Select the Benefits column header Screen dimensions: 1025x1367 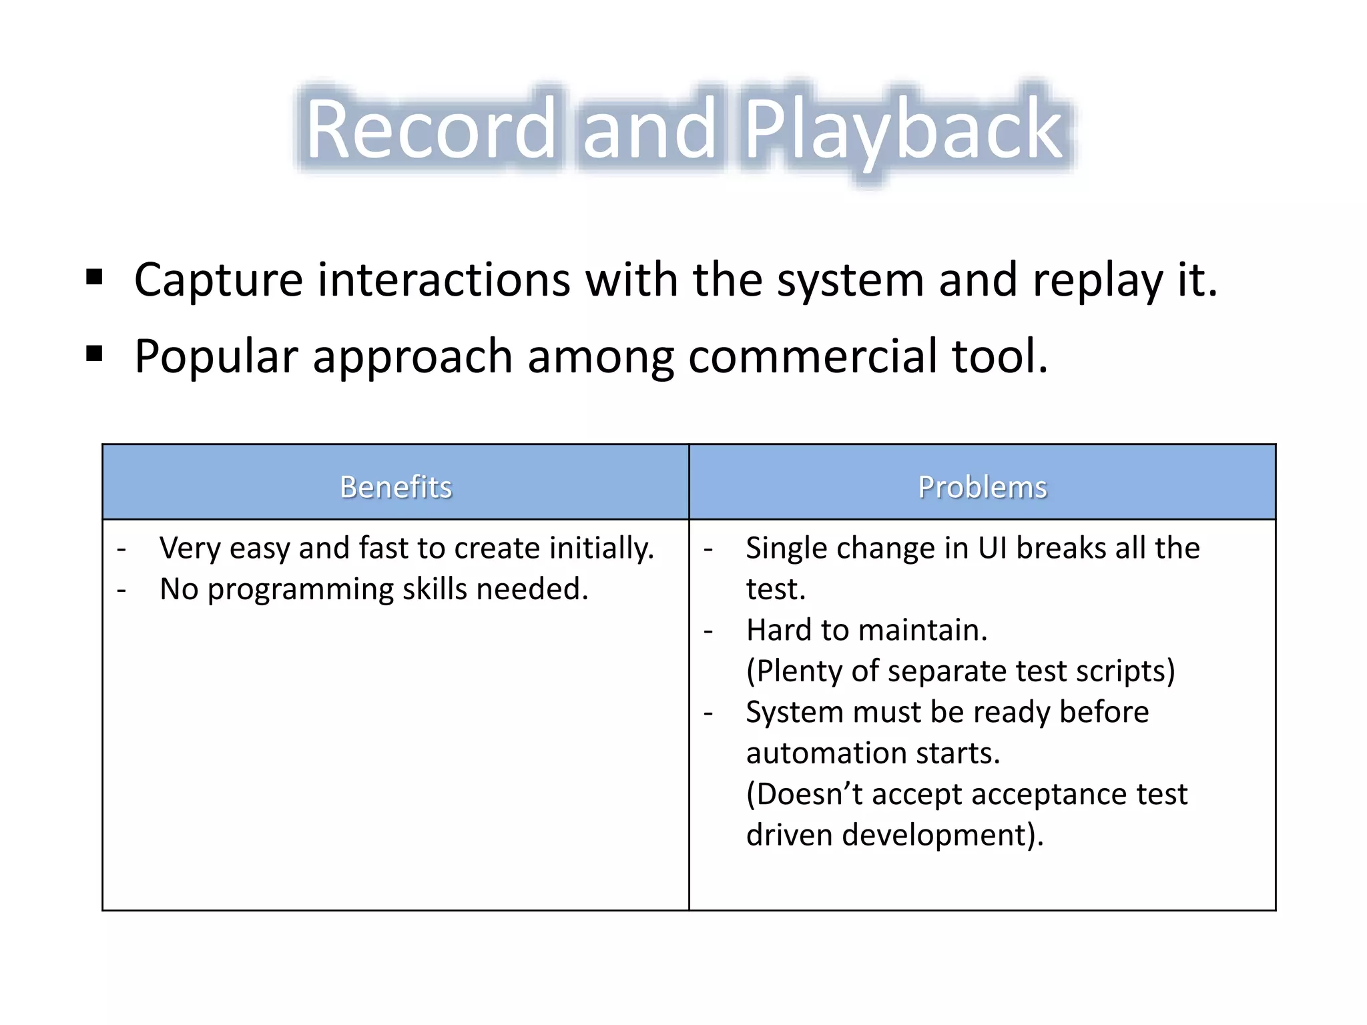coord(396,486)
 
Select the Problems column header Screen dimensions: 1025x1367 coord(983,486)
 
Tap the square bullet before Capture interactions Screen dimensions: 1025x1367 coord(94,277)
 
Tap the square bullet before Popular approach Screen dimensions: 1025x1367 coord(94,354)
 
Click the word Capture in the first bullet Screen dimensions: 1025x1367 coord(219,280)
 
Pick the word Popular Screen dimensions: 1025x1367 coord(216,358)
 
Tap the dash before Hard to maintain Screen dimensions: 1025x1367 coord(708,631)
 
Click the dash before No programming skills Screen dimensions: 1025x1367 coord(121,590)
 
